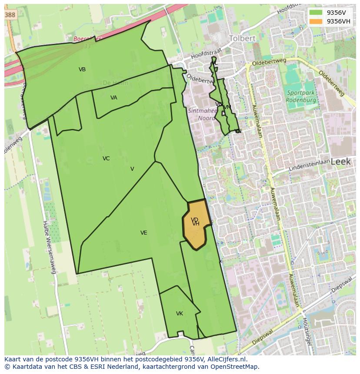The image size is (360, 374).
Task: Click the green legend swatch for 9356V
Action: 316,13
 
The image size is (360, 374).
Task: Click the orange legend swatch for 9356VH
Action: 316,21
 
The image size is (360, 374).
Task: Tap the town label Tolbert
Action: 242,38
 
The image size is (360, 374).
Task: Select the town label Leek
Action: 340,162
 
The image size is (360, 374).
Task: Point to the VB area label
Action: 82,70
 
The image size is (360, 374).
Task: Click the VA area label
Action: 113,98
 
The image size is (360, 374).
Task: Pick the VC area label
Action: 106,159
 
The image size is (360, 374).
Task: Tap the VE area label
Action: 143,233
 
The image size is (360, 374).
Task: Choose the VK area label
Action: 180,314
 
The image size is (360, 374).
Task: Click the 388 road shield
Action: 10,15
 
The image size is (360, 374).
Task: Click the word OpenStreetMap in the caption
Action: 234,367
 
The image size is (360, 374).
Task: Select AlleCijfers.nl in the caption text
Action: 226,359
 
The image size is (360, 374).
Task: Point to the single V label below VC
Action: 132,169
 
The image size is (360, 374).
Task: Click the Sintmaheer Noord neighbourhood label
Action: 203,114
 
